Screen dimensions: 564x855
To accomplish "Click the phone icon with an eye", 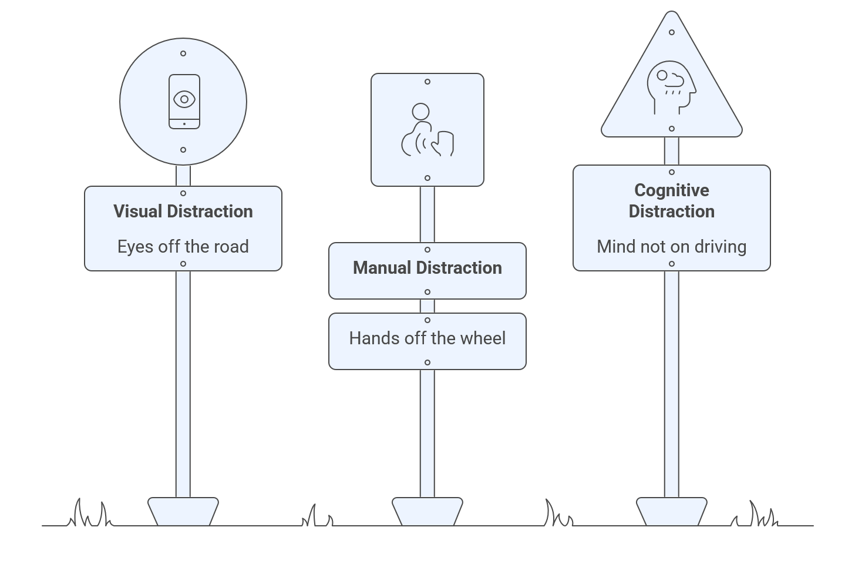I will click(x=184, y=101).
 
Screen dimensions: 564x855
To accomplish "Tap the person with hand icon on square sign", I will click(x=427, y=130).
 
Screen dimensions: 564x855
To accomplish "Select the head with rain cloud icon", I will click(x=671, y=87).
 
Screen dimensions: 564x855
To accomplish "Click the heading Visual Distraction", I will click(x=183, y=211).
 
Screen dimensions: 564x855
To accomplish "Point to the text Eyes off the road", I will click(x=183, y=247).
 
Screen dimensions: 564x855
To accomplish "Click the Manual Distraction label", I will click(x=427, y=268).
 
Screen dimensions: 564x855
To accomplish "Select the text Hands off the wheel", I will click(x=427, y=338).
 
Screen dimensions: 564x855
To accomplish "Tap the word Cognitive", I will click(x=671, y=190).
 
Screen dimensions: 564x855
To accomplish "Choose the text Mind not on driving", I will click(x=671, y=247).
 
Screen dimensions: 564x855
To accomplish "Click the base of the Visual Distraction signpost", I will click(x=183, y=511).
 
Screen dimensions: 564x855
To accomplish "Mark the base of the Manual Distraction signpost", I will click(x=427, y=511).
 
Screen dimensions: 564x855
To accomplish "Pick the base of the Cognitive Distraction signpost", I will click(x=671, y=511).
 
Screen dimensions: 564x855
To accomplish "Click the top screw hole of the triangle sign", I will click(x=671, y=32).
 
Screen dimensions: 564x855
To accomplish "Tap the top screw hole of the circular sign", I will click(x=183, y=53).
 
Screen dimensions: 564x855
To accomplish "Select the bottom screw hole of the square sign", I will click(x=427, y=178).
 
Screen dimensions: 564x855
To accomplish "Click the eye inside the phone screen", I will click(x=184, y=99).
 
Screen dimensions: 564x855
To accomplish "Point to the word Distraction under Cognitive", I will click(x=671, y=211).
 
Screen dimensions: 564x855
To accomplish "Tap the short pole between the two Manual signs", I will click(x=427, y=306).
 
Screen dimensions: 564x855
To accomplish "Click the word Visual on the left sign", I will click(x=138, y=211).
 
